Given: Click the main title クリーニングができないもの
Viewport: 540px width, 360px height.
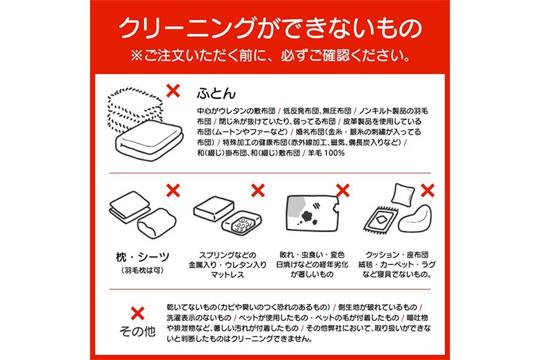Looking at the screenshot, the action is [270, 28].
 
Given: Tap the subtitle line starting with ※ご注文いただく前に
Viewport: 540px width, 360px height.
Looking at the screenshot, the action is [270, 55].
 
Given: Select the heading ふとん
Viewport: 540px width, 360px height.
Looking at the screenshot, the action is [216, 93].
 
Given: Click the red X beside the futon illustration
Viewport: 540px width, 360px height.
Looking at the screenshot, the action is [173, 91].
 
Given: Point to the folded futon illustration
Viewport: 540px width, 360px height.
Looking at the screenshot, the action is [145, 124].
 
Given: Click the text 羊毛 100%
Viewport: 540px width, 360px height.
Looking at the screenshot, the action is [326, 153].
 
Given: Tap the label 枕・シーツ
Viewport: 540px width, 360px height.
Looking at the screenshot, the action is [143, 257].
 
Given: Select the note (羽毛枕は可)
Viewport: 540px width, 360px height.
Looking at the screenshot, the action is [142, 271].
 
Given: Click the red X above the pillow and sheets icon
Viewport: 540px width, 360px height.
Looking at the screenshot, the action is [173, 190].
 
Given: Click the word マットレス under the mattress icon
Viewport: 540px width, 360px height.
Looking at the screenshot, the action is [227, 274].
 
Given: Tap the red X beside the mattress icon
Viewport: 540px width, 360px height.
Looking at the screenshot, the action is [258, 190].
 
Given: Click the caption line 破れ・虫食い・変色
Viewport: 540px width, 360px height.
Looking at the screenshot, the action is [312, 255].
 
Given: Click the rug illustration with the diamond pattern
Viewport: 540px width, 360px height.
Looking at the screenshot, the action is [380, 220].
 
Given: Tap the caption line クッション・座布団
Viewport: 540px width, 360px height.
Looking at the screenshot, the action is [397, 255].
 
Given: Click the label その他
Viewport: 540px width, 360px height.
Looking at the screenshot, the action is [137, 331].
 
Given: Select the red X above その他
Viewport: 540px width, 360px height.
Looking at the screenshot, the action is [137, 313].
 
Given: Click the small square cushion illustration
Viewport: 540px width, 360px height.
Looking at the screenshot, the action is [403, 195].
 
